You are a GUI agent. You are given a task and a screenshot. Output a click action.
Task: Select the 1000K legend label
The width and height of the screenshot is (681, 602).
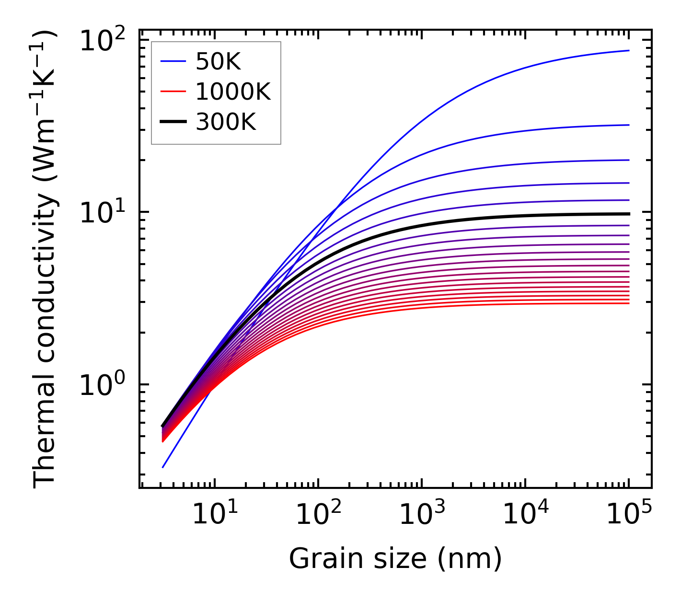click(x=233, y=92)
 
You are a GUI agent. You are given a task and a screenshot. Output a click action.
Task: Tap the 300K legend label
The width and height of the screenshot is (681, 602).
click(x=226, y=123)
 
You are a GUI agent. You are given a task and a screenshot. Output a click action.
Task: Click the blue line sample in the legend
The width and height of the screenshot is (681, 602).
click(x=173, y=61)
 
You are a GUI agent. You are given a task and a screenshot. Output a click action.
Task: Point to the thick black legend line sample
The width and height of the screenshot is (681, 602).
click(x=173, y=123)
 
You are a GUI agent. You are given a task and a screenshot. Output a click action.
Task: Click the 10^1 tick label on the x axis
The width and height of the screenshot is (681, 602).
click(x=215, y=515)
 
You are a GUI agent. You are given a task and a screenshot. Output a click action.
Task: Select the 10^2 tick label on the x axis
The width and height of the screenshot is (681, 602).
click(x=318, y=515)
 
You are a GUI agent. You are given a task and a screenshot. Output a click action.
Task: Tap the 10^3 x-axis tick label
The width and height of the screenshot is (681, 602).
click(x=422, y=515)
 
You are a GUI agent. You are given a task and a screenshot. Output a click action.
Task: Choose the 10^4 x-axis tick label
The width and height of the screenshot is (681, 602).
click(x=525, y=515)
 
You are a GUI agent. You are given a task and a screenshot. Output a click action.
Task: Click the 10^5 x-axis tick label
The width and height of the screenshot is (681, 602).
click(x=629, y=515)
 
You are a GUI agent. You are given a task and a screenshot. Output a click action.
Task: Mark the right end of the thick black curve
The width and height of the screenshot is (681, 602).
click(x=628, y=214)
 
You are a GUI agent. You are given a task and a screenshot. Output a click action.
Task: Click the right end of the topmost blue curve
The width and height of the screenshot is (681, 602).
click(x=628, y=50)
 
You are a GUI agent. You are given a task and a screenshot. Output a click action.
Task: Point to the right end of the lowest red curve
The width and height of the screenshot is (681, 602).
click(x=628, y=303)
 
